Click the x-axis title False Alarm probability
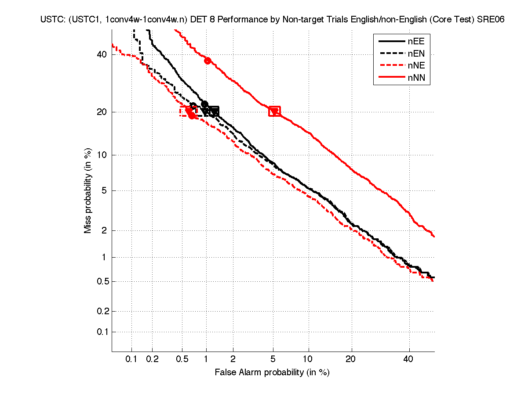[272, 373]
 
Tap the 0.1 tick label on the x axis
[131, 359]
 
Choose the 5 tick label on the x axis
[273, 359]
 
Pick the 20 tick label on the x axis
[350, 359]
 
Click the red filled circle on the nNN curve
[208, 61]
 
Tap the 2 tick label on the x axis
[233, 359]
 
